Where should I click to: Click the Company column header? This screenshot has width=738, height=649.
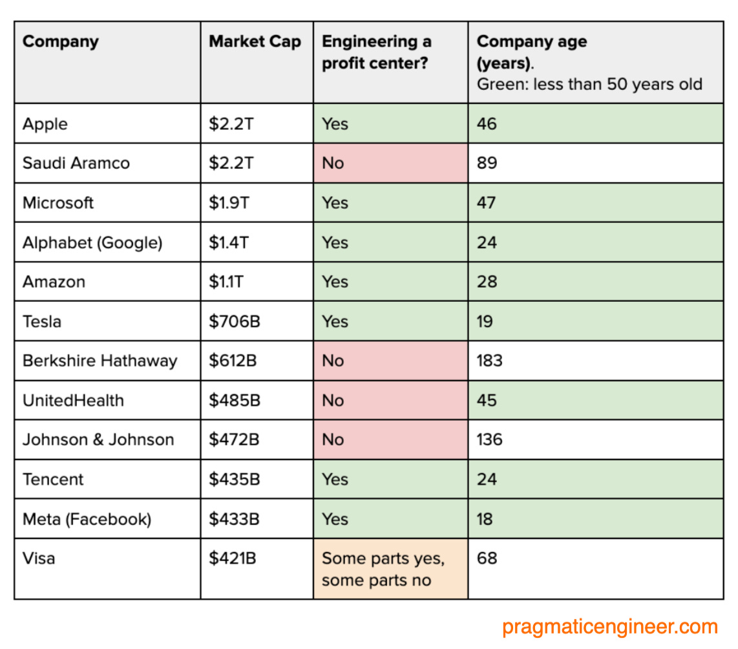click(x=60, y=42)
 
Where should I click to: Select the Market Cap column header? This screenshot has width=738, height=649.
click(x=255, y=42)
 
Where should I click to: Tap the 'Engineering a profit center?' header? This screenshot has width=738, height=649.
click(x=377, y=52)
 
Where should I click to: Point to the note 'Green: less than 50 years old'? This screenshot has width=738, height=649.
click(x=589, y=85)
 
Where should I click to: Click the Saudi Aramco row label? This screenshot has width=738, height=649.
click(x=76, y=163)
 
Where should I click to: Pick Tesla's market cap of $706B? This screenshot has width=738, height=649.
click(x=234, y=321)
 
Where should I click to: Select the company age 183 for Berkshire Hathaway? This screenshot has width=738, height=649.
click(x=489, y=361)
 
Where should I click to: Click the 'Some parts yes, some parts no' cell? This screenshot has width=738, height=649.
click(x=383, y=569)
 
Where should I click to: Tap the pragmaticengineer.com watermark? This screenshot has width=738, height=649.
click(x=609, y=626)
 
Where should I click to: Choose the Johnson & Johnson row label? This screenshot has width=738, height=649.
click(x=98, y=440)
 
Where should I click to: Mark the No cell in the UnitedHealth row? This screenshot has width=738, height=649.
click(x=333, y=401)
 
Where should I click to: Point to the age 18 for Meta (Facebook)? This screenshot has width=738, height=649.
click(x=485, y=519)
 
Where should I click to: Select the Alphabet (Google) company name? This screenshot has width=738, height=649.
click(x=92, y=242)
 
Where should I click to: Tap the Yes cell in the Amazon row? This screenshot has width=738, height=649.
click(x=335, y=282)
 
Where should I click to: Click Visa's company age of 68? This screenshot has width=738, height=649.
click(x=487, y=558)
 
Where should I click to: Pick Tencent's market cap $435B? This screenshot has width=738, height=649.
click(x=234, y=480)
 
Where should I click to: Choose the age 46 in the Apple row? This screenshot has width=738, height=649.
click(x=487, y=123)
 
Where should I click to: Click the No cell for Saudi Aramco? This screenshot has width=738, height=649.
click(x=333, y=164)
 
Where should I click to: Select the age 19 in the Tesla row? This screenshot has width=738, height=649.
click(x=485, y=321)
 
